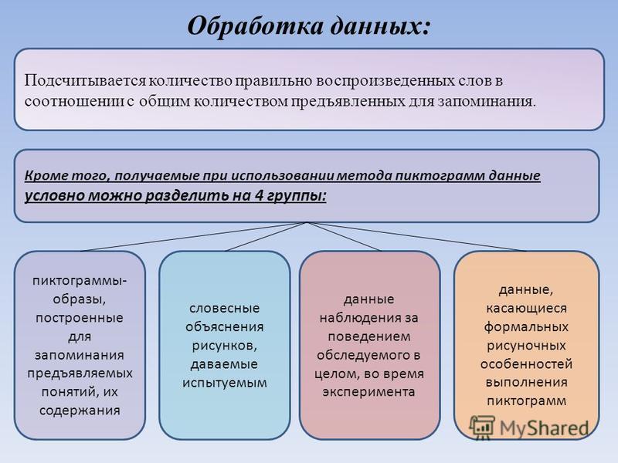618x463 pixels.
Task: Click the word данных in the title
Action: pyautogui.click(x=379, y=27)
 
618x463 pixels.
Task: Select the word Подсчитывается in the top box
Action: pyautogui.click(x=85, y=81)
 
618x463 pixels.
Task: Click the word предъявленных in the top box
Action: pyautogui.click(x=348, y=102)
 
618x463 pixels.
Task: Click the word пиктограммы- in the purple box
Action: pyautogui.click(x=80, y=281)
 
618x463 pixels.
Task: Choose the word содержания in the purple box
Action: pyautogui.click(x=80, y=411)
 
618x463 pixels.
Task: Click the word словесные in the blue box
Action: pyautogui.click(x=224, y=308)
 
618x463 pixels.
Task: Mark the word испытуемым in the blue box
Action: pyautogui.click(x=224, y=383)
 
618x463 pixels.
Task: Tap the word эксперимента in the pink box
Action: pyautogui.click(x=368, y=392)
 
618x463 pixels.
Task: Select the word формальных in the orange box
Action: pyautogui.click(x=526, y=327)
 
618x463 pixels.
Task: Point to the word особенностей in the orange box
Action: pyautogui.click(x=526, y=364)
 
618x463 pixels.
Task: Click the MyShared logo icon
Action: pyautogui.click(x=481, y=428)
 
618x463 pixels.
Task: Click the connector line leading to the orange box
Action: pyautogui.click(x=416, y=237)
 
